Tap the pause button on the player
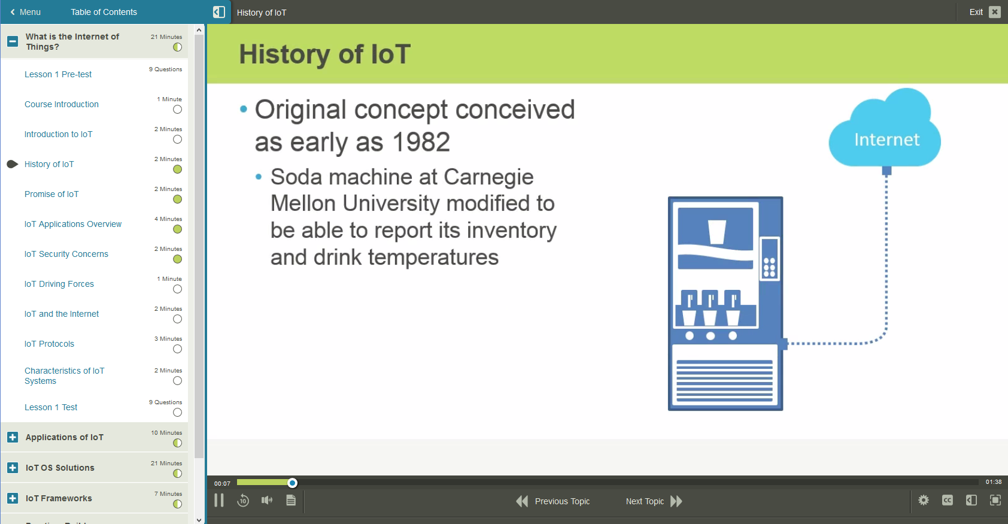coord(219,501)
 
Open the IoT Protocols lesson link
coord(49,344)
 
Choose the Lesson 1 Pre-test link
coord(58,74)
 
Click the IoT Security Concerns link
coord(66,254)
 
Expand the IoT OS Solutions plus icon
coord(13,468)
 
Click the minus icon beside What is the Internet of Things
coord(13,41)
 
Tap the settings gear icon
coord(924,500)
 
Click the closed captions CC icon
coord(948,500)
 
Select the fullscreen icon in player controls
coord(995,500)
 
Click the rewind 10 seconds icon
coord(243,501)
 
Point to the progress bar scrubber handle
coord(292,483)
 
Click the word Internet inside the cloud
coord(886,140)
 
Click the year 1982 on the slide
coord(421,143)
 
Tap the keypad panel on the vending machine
coord(769,259)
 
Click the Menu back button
coord(26,12)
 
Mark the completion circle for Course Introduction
coord(177,110)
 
